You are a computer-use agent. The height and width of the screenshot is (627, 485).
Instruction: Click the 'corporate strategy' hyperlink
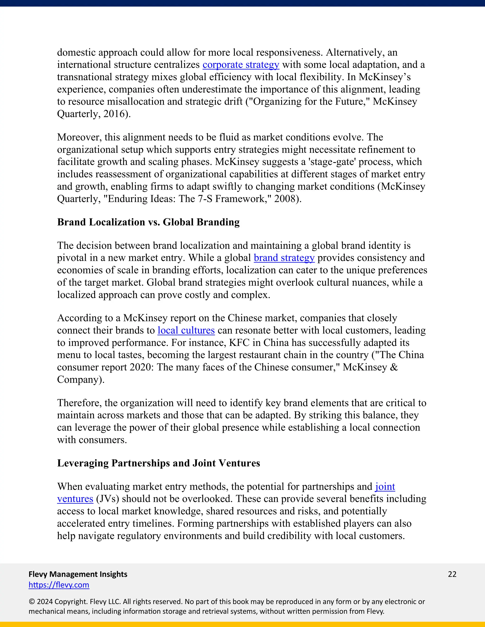pos(241,65)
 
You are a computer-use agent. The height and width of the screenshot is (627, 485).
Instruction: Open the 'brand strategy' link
pos(284,258)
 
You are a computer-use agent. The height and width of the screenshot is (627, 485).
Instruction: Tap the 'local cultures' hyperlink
pos(186,331)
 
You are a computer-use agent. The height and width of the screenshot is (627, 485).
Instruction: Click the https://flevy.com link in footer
pos(59,585)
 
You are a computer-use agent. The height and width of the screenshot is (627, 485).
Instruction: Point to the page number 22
pos(452,574)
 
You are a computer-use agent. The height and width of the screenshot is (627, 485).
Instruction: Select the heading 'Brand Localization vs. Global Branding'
pos(148,222)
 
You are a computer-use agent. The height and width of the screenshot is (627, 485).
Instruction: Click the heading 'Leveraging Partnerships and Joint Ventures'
pos(158,463)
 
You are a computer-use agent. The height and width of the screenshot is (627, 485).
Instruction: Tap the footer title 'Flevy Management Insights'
pos(78,574)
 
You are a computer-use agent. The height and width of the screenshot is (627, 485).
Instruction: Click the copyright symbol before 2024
pos(31,601)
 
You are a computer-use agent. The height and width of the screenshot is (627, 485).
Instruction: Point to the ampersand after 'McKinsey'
pos(394,367)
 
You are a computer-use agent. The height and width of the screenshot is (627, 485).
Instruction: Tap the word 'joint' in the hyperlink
pos(385,487)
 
